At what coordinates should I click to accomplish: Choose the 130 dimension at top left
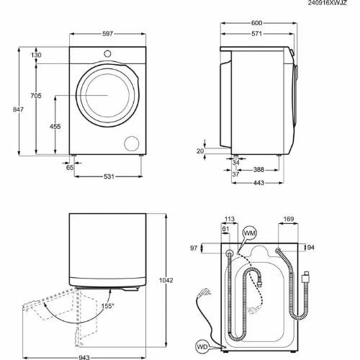point(36,55)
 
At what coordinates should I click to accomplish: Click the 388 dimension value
point(262,170)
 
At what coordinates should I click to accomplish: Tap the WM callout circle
point(250,233)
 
